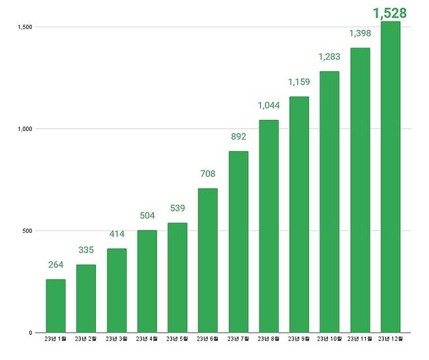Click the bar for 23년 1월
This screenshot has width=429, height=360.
(x=55, y=306)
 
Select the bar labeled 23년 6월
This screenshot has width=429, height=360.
(x=207, y=260)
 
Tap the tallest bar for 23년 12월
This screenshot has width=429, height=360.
(x=390, y=177)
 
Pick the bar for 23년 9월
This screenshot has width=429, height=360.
(x=299, y=215)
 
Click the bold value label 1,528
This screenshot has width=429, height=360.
(x=390, y=12)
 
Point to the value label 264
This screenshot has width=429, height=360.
(x=55, y=265)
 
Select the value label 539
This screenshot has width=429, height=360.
(x=177, y=209)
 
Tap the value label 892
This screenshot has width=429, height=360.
(x=238, y=137)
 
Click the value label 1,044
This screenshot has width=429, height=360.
(x=268, y=105)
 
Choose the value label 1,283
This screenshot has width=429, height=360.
(x=329, y=57)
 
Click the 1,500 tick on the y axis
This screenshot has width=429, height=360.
(x=25, y=27)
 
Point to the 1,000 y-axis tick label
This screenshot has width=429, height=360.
(x=25, y=128)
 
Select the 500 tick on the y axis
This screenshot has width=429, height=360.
(x=28, y=230)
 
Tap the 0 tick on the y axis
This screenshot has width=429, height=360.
(x=31, y=333)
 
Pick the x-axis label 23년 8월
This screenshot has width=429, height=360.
(x=268, y=339)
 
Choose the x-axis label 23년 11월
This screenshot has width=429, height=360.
(x=359, y=339)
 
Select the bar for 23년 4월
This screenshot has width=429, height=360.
(x=147, y=281)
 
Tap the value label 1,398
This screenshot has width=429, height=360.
(x=359, y=33)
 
